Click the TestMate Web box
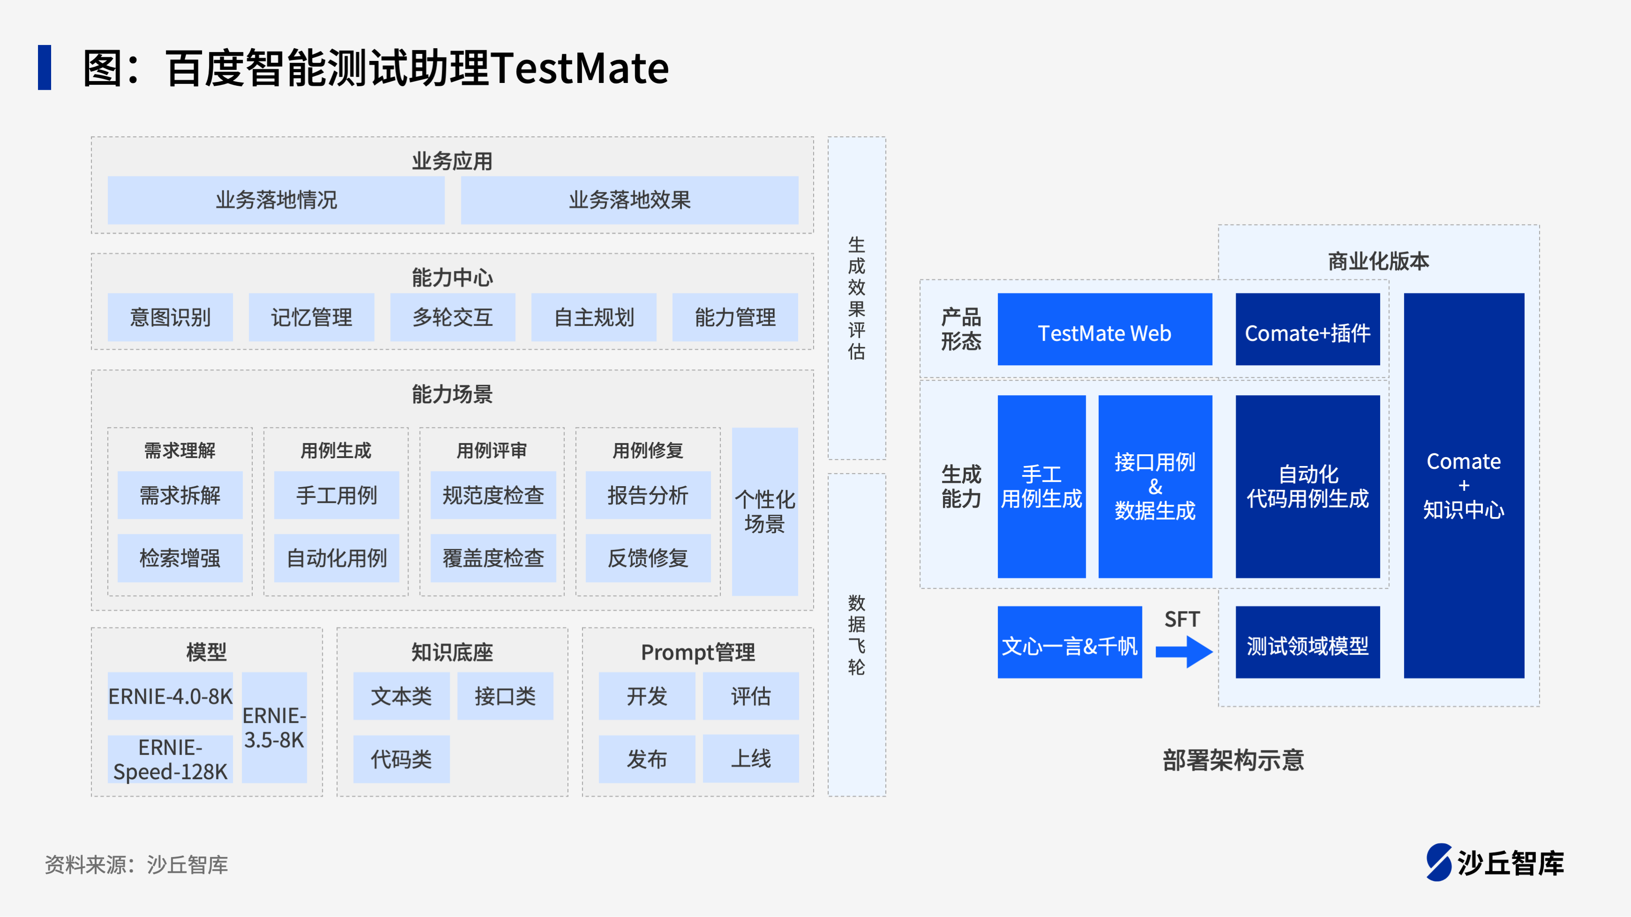1105,329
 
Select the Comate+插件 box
1307,329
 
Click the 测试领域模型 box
1307,642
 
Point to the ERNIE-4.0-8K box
170,696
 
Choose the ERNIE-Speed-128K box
170,759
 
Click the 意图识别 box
170,317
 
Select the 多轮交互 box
453,317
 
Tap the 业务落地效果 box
629,200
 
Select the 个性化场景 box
765,511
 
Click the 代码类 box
401,759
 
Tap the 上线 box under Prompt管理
751,759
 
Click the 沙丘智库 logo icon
1439,862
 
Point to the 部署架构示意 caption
1233,760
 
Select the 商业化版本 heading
1378,261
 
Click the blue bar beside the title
45,67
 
